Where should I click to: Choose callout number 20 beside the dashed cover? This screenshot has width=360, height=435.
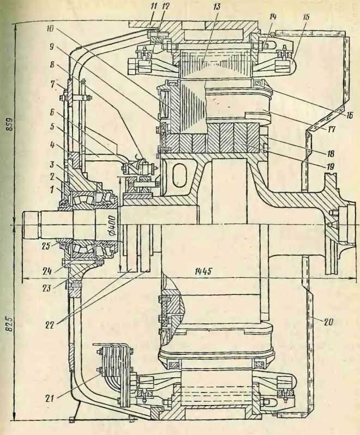327,321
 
